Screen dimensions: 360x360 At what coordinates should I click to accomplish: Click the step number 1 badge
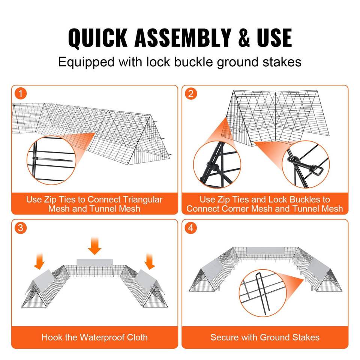tap(21, 94)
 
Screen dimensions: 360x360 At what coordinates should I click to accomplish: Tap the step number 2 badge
tap(191, 94)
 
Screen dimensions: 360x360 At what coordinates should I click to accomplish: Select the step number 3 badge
tap(21, 228)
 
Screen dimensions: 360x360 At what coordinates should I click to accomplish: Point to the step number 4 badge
tap(191, 228)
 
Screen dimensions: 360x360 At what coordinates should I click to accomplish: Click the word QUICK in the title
tap(97, 38)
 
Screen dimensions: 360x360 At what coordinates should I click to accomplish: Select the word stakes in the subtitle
tap(282, 62)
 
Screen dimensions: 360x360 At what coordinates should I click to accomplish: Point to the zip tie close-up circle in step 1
tap(51, 160)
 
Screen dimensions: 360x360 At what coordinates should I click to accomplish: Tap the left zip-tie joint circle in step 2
tap(217, 164)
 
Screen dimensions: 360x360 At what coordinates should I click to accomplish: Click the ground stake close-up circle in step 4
tap(263, 293)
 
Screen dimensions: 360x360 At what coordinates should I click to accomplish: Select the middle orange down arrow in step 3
tap(94, 246)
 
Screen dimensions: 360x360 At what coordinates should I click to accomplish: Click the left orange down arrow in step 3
tap(39, 261)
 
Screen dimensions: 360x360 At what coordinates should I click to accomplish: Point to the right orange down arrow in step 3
tap(150, 261)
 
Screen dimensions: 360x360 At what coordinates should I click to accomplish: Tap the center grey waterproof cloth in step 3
tap(94, 263)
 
